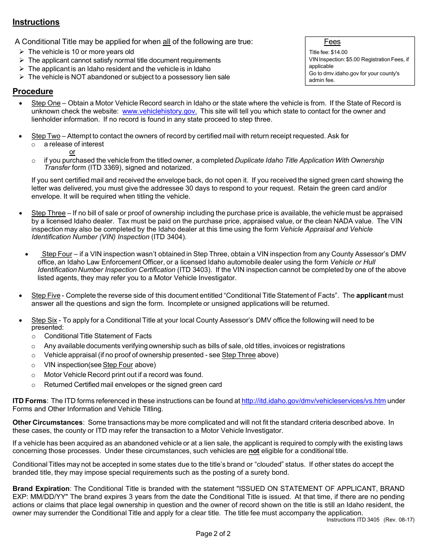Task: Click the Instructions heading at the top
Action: click(36, 22)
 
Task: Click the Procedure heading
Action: click(33, 91)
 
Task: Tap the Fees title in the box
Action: click(332, 42)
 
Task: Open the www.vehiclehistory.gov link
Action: click(159, 111)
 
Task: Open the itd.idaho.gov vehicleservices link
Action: click(314, 401)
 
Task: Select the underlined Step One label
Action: click(46, 103)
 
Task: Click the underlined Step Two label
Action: click(46, 136)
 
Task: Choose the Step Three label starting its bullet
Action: click(48, 213)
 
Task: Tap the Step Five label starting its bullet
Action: click(46, 295)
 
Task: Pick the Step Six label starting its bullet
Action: click(44, 320)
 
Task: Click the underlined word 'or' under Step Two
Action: click(72, 152)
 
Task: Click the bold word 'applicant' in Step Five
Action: click(371, 295)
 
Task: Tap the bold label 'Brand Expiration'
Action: click(41, 489)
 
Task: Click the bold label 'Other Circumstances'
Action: click(47, 422)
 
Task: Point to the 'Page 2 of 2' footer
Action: click(213, 534)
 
